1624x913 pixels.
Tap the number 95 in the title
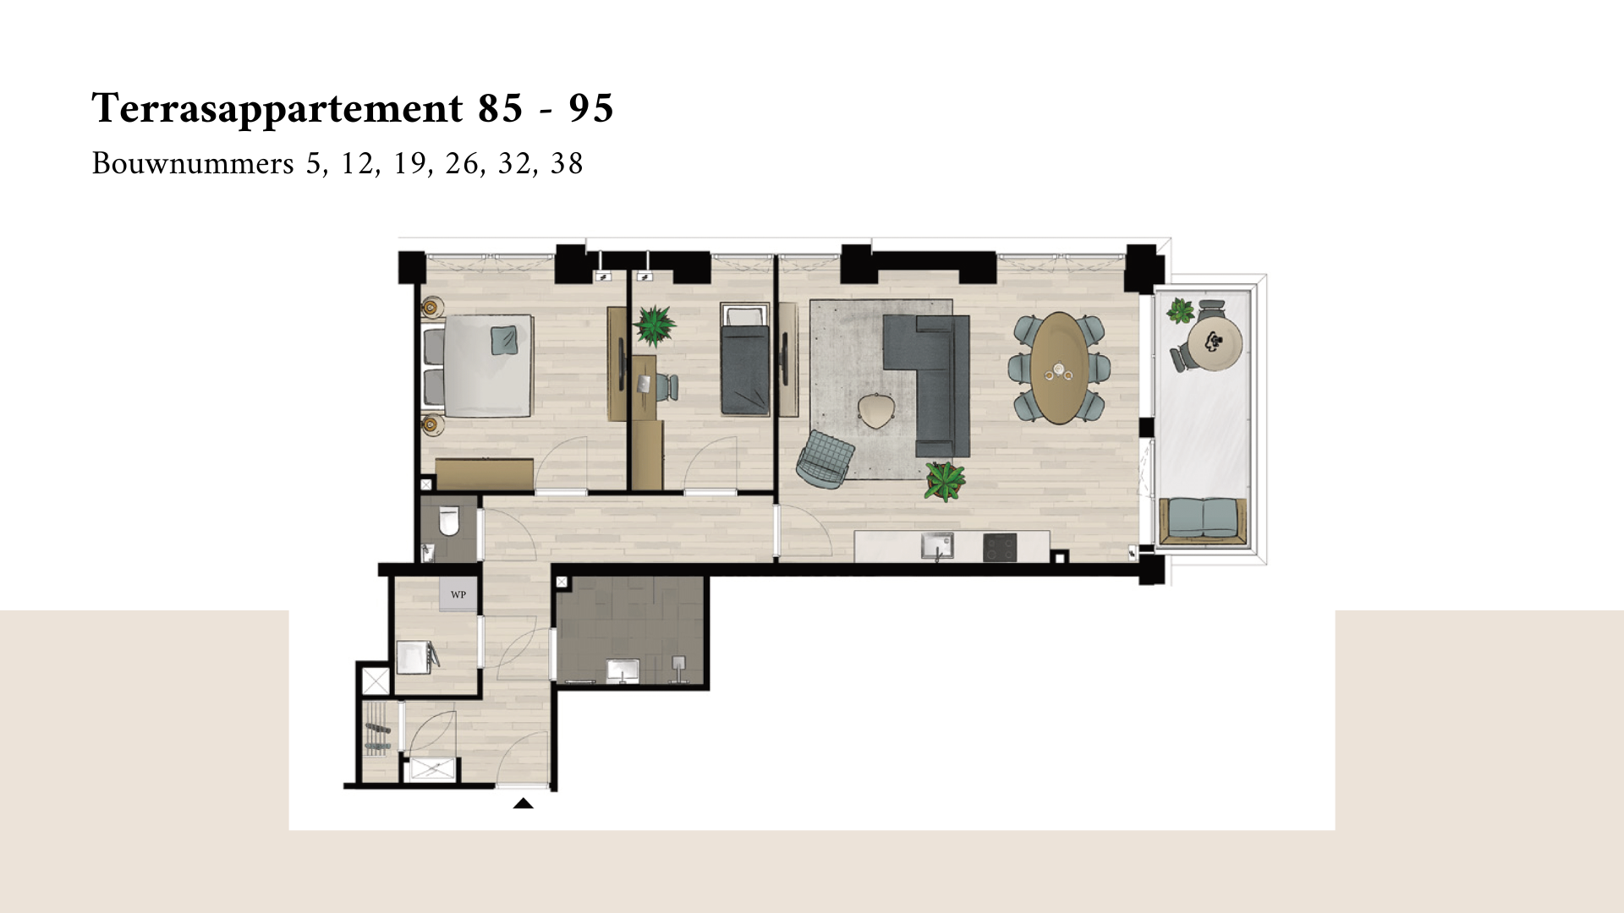(591, 108)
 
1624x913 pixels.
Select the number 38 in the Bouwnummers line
(567, 163)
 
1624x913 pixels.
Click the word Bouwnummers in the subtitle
(193, 163)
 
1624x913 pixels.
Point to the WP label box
(458, 594)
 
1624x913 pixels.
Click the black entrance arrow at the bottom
(524, 803)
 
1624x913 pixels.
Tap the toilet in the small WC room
(448, 521)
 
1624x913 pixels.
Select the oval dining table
(1060, 368)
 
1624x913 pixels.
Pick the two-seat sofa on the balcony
(1203, 522)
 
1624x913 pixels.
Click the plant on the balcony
(1181, 311)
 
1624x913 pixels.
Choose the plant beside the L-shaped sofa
(945, 481)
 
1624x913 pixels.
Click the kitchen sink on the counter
(937, 545)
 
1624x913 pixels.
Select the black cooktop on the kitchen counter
(1001, 548)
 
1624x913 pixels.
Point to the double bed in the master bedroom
(477, 366)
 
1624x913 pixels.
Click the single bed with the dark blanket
(745, 360)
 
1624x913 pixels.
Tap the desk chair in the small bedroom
(665, 386)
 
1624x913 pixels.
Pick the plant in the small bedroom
(655, 325)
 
